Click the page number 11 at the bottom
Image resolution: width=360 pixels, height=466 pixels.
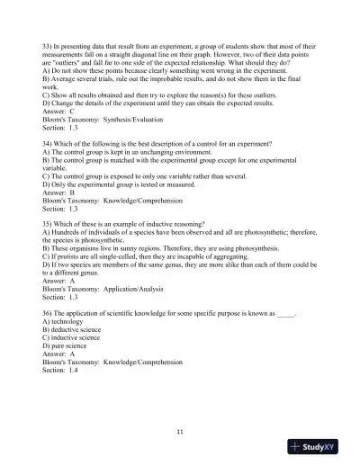[180, 432]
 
